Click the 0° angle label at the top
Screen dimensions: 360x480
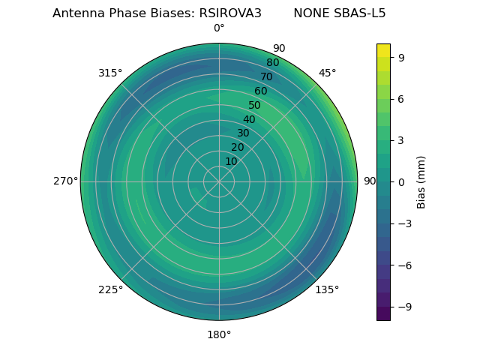219,28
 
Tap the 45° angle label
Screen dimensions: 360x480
327,73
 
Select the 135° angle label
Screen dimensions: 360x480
327,289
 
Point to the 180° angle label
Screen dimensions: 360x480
219,334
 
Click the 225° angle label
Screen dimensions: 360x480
110,289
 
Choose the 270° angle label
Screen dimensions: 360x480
65,181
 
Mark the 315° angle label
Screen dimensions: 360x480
110,73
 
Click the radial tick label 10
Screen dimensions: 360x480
231,161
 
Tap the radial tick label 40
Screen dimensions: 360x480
249,119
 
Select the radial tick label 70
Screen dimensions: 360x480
266,76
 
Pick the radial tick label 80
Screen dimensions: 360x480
272,62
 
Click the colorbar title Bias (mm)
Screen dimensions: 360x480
421,181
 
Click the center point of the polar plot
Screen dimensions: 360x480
219,181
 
